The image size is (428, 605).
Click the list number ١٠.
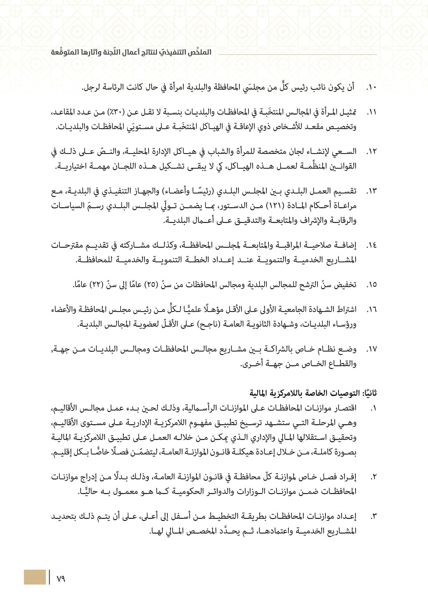371,87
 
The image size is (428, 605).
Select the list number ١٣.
371,191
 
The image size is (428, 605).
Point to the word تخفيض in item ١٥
345,285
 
